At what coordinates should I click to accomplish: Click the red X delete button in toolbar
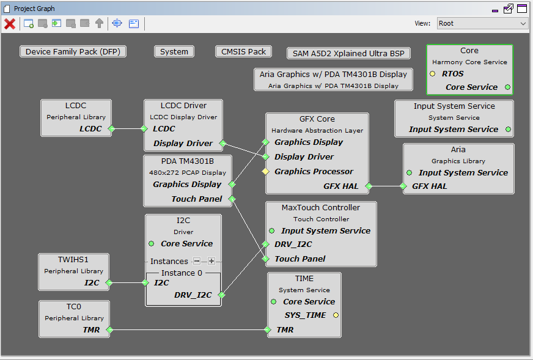10,24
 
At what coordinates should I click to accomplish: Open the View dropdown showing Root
482,23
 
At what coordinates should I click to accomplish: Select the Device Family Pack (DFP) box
73,52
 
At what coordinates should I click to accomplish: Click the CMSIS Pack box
243,52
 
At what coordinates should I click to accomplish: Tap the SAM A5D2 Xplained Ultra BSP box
348,53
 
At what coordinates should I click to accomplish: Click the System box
174,52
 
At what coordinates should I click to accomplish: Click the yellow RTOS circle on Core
432,74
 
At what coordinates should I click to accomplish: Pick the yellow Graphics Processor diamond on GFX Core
265,171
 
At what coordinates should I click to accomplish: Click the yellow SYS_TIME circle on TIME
336,315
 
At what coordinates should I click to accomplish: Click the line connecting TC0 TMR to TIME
188,329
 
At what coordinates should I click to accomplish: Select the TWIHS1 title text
73,260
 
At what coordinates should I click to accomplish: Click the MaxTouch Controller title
321,208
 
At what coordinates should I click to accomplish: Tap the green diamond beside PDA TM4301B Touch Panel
232,199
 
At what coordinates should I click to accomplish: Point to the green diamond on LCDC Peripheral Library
111,128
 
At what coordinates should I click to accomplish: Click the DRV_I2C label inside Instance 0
193,295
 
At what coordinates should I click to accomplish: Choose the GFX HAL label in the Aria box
430,186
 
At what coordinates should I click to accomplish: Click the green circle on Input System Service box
508,129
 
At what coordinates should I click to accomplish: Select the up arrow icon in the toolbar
99,23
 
